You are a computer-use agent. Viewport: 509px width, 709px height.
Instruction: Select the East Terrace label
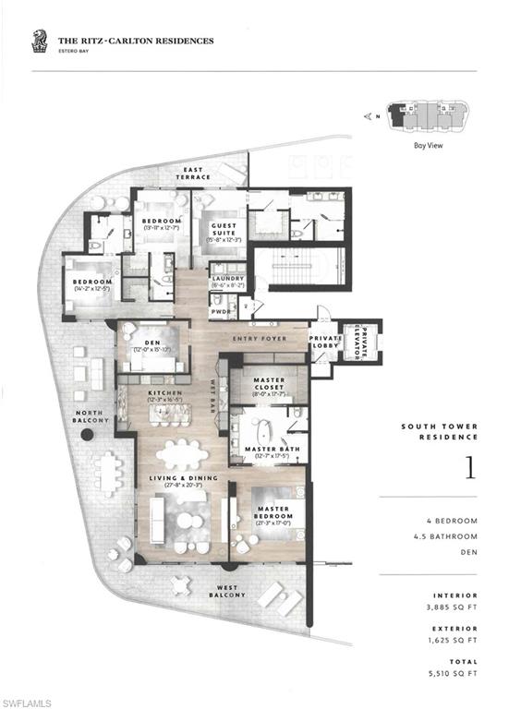tap(197, 174)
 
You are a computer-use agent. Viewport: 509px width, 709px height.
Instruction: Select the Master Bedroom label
tap(274, 513)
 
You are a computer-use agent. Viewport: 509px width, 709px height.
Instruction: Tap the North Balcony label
tap(91, 416)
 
